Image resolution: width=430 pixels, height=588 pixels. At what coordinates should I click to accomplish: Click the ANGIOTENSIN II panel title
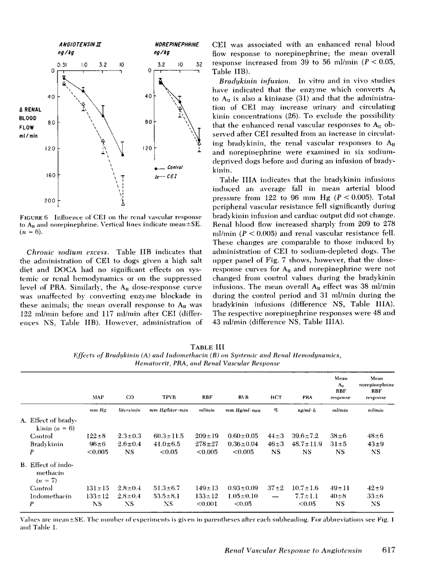80,44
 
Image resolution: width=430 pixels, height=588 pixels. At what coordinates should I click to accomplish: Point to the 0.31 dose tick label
62,64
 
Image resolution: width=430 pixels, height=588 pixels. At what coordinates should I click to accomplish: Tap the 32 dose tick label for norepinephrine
199,64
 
